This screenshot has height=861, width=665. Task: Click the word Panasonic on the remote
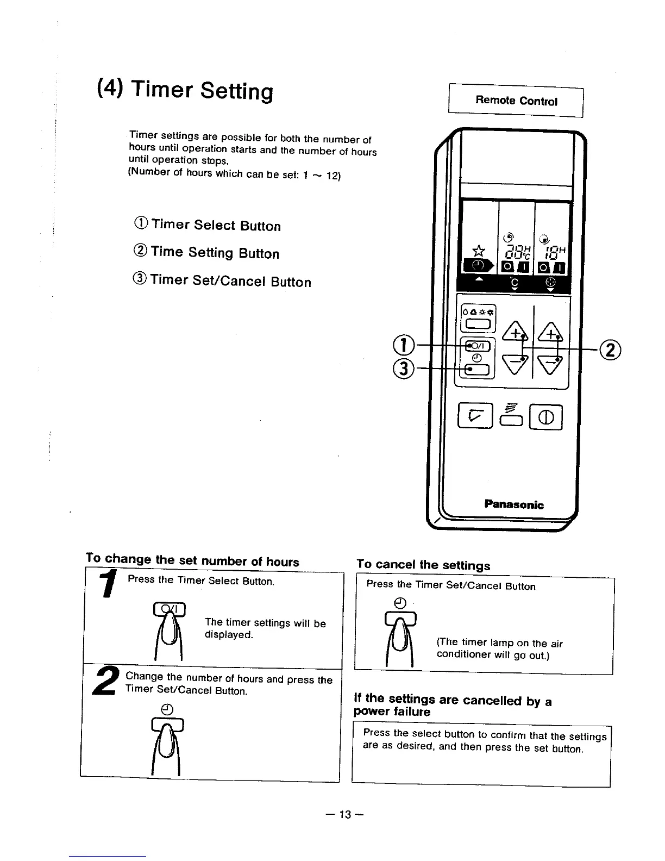[x=513, y=504]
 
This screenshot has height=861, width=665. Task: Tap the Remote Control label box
[x=516, y=101]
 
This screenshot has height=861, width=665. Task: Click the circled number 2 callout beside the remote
[x=610, y=350]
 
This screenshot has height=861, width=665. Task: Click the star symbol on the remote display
[x=478, y=251]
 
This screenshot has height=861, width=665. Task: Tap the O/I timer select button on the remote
[x=478, y=345]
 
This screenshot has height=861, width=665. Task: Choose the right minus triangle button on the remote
[x=550, y=361]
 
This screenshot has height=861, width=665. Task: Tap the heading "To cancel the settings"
[x=423, y=564]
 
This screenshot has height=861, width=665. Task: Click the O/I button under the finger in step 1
[x=170, y=609]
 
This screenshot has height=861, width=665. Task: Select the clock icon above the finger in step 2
[x=167, y=709]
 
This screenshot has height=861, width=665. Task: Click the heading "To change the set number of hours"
[x=192, y=560]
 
